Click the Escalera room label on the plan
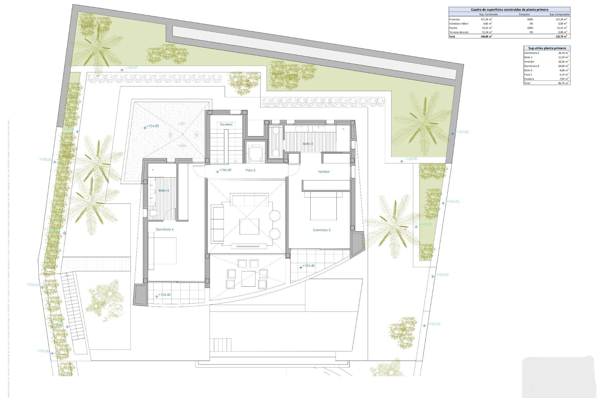[226, 124]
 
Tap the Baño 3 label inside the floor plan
[308, 144]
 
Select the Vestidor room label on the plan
[323, 172]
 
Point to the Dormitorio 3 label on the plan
[322, 230]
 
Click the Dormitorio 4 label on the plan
[164, 229]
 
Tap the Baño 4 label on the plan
[164, 190]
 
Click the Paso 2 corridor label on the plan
[250, 170]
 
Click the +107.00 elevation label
[462, 132]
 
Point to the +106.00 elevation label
[453, 201]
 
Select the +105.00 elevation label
[45, 160]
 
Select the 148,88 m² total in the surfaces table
[486, 36]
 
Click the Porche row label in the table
[453, 28]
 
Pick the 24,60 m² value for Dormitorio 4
[563, 66]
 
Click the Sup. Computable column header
[559, 14]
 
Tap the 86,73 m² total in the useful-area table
[563, 83]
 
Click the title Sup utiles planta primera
[547, 48]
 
